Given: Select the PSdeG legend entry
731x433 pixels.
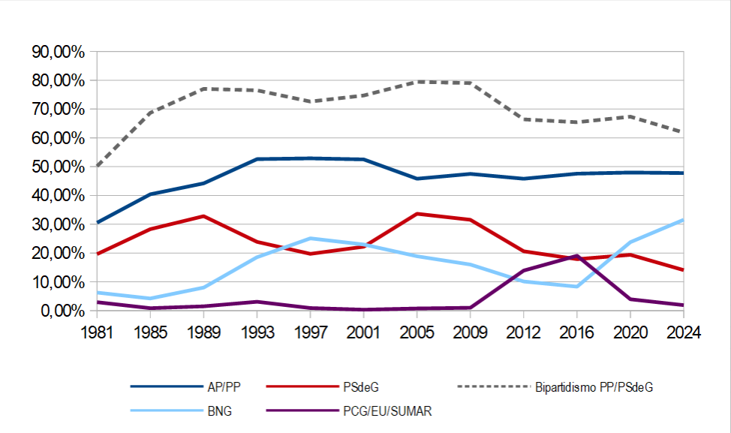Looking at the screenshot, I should [x=362, y=387].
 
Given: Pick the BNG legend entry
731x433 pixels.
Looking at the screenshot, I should [x=222, y=411].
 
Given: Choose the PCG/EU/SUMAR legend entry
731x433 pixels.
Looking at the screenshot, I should [x=388, y=411].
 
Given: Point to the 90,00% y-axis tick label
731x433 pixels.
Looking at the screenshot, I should [x=57, y=52].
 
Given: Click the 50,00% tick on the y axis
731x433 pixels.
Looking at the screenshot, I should [x=57, y=167].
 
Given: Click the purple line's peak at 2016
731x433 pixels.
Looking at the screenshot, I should [x=576, y=255].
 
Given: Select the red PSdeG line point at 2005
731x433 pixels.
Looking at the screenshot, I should [x=417, y=214].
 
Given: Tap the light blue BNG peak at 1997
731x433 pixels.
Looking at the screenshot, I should [x=311, y=239].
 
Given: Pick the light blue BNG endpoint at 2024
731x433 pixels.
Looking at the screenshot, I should [x=683, y=220].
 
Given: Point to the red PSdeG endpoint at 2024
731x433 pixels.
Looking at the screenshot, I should [x=683, y=270].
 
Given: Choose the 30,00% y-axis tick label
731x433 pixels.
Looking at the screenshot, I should [x=57, y=224].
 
